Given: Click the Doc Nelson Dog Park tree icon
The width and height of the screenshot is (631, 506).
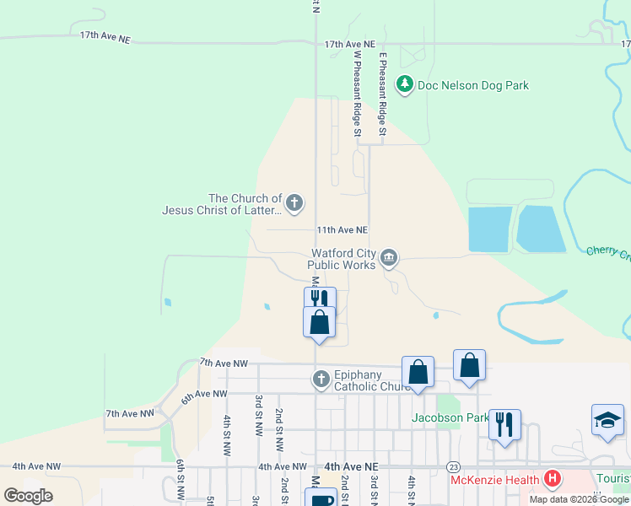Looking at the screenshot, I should pyautogui.click(x=406, y=84).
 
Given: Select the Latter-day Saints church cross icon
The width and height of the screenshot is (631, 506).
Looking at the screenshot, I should pyautogui.click(x=294, y=202).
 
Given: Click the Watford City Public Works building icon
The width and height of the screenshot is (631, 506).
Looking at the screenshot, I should pyautogui.click(x=388, y=258).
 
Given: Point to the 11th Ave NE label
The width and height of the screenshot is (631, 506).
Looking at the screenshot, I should pyautogui.click(x=342, y=229).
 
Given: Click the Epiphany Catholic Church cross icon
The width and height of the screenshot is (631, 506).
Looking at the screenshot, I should pyautogui.click(x=321, y=379).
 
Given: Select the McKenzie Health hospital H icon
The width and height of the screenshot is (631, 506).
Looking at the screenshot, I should pyautogui.click(x=553, y=479).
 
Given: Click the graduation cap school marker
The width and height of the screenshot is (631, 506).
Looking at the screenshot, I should pyautogui.click(x=607, y=422).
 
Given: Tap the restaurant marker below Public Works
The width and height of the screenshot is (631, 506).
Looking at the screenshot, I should pyautogui.click(x=320, y=300).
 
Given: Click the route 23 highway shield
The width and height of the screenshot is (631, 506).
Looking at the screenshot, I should pyautogui.click(x=454, y=466).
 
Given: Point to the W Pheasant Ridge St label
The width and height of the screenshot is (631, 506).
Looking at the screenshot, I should pyautogui.click(x=358, y=93).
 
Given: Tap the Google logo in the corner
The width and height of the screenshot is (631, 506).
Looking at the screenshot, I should pyautogui.click(x=29, y=495).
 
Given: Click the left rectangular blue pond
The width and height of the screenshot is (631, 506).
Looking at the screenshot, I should pyautogui.click(x=489, y=229).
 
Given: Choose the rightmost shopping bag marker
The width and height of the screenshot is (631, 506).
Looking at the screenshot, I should pyautogui.click(x=469, y=363).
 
